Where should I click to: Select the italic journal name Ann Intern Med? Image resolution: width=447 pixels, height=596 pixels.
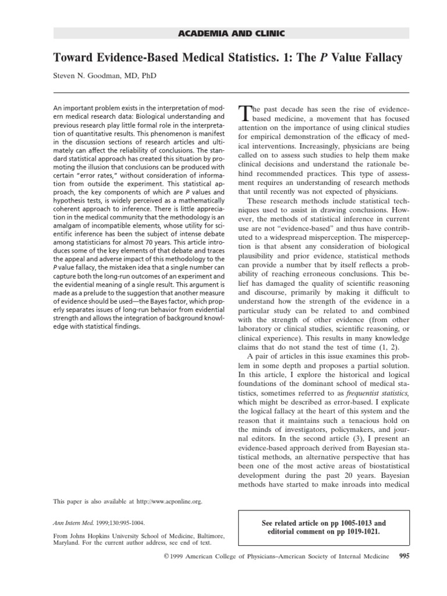pyautogui.click(x=73, y=523)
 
